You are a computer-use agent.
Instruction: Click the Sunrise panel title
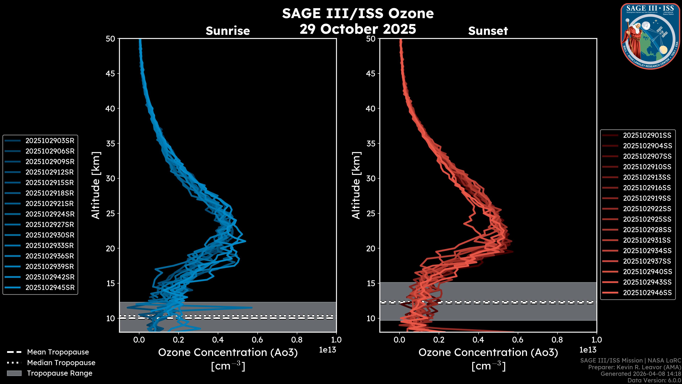(228, 31)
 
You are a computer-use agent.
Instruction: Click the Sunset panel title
(488, 31)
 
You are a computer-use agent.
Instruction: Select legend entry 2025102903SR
(50, 141)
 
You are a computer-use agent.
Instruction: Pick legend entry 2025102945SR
(50, 287)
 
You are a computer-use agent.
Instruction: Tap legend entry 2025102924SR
(50, 214)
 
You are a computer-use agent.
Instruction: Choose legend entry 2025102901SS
(647, 135)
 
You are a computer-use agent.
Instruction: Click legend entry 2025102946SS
(647, 293)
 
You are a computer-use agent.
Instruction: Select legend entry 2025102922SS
(647, 209)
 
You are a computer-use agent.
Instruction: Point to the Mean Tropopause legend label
(58, 352)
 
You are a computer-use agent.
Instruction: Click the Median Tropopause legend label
(61, 363)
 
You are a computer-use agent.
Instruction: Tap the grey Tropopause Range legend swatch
(14, 373)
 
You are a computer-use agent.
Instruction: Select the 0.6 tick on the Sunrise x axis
(257, 340)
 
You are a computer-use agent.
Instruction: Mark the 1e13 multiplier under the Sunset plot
(588, 350)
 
